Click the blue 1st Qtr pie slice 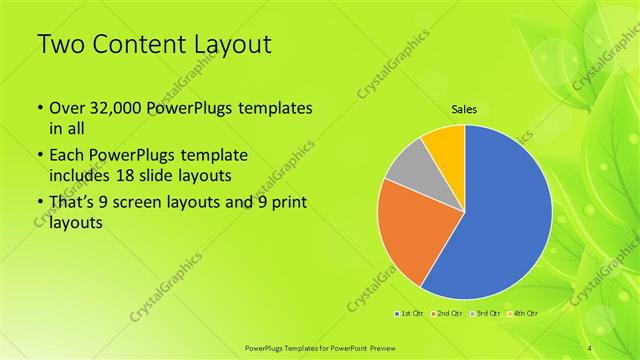click(x=510, y=215)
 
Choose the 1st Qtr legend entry click(x=409, y=313)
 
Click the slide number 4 click(x=590, y=346)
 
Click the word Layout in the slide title click(x=230, y=44)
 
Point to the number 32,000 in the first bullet click(x=116, y=108)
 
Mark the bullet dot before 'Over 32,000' click(x=39, y=108)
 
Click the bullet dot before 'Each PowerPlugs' click(x=39, y=157)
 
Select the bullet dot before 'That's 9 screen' click(x=39, y=205)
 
